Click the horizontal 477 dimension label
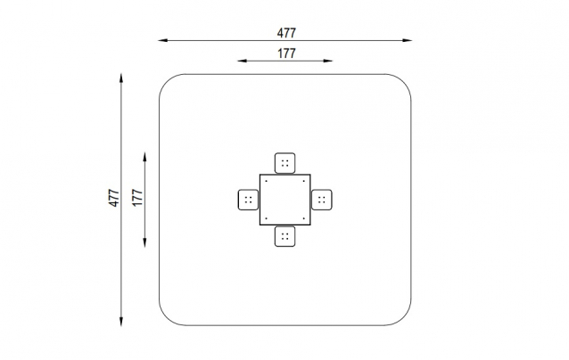[x=286, y=33]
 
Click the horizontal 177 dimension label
[x=286, y=53]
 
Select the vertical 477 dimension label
[x=114, y=198]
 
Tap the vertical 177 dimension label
[x=137, y=198]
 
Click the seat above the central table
[x=284, y=163]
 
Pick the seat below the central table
[x=284, y=236]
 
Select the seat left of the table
[x=248, y=200]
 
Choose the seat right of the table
[x=322, y=200]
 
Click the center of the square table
[x=284, y=200]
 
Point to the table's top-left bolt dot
[x=266, y=181]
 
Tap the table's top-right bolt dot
[x=304, y=181]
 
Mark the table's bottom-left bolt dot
[x=266, y=218]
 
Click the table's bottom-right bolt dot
[x=304, y=218]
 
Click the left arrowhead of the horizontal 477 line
[x=161, y=41]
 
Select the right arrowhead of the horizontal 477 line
[x=408, y=41]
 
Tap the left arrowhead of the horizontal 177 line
[x=242, y=61]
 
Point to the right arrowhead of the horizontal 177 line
[x=328, y=61]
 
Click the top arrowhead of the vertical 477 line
[x=121, y=78]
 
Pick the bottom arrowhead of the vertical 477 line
[x=121, y=322]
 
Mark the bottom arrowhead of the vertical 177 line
[x=144, y=243]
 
